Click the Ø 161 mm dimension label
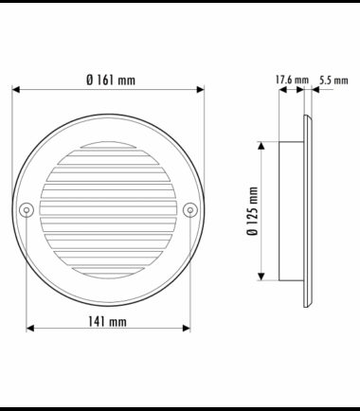111,80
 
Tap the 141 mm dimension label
107,322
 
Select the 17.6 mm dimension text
292,80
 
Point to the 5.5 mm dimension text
333,80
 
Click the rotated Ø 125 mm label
253,211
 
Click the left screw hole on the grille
27,210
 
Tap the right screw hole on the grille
190,210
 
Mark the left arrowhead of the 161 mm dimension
16,90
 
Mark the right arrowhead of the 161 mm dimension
200,90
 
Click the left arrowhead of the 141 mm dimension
30,329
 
